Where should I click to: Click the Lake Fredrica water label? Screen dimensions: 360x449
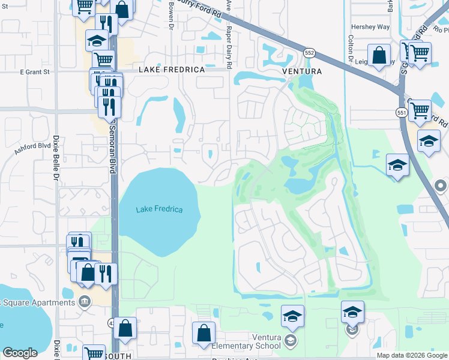pos(158,209)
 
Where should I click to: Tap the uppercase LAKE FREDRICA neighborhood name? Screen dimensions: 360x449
pos(172,70)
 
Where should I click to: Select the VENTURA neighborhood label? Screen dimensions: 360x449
pos(302,71)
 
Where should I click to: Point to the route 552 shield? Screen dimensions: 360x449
pos(309,53)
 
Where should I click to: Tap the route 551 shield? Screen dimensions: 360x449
pos(401,112)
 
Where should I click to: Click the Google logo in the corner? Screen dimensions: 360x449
pos(20,353)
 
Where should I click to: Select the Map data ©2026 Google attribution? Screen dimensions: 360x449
pos(412,355)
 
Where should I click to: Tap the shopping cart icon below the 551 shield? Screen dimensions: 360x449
pos(419,110)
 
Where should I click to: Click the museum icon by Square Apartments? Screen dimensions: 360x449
pos(85,300)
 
